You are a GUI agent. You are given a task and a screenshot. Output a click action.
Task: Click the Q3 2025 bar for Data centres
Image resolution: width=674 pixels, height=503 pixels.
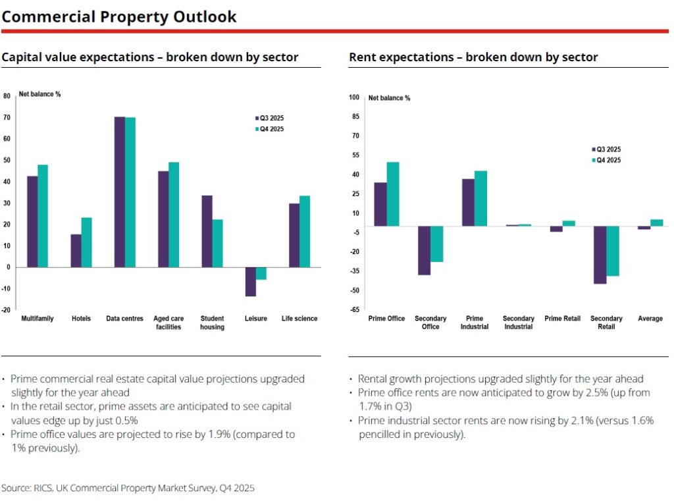pyautogui.click(x=120, y=192)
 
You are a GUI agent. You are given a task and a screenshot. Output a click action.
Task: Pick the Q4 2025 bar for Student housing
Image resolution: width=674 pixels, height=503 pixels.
pyautogui.click(x=217, y=243)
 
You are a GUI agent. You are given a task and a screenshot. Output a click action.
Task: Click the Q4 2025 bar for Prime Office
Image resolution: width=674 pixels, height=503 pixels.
pyautogui.click(x=393, y=194)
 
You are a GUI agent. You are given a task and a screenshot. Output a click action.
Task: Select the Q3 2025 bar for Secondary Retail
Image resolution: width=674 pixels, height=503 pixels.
pyautogui.click(x=600, y=255)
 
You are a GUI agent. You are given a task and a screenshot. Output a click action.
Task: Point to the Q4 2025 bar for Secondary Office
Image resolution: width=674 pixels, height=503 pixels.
pyautogui.click(x=436, y=244)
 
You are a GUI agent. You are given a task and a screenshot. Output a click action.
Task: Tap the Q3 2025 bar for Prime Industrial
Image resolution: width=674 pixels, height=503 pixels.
pyautogui.click(x=468, y=203)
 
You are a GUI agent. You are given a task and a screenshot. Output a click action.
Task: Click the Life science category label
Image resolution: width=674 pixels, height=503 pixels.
pyautogui.click(x=299, y=319)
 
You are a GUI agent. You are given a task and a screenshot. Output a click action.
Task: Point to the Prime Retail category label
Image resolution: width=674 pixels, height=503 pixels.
pyautogui.click(x=563, y=319)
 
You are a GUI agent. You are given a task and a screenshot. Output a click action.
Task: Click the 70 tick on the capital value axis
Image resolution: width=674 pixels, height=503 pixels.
pyautogui.click(x=7, y=117)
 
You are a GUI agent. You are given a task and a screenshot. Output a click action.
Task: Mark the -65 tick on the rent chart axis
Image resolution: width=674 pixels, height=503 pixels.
pyautogui.click(x=354, y=309)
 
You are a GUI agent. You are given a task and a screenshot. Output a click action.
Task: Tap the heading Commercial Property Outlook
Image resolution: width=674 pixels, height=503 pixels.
pyautogui.click(x=119, y=16)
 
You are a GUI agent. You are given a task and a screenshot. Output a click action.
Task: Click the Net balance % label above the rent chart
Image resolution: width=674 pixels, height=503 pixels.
pyautogui.click(x=389, y=98)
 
